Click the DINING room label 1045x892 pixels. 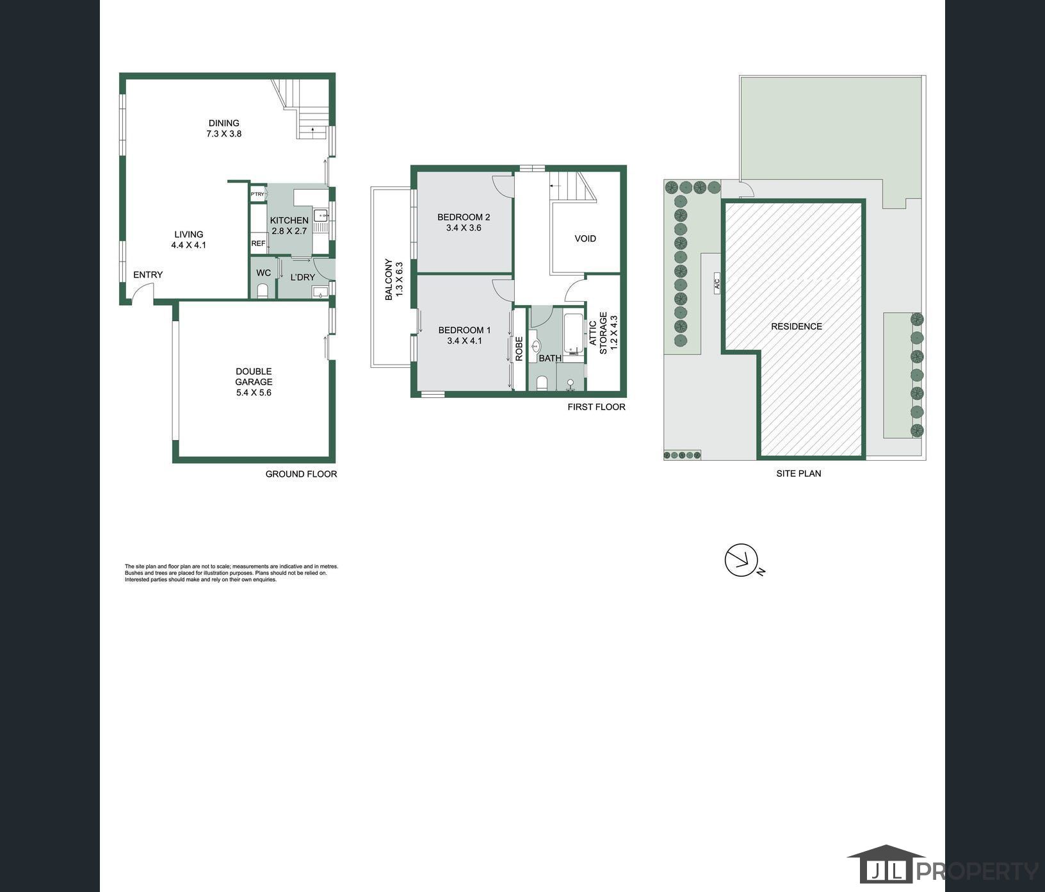coord(224,123)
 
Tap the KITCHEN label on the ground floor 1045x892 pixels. coord(289,220)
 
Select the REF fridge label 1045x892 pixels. coord(258,244)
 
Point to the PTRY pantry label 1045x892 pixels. coord(257,194)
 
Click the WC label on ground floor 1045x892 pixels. coord(264,273)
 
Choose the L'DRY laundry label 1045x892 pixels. coord(303,277)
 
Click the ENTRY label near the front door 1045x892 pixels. coord(148,275)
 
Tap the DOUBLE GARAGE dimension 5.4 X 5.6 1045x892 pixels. coord(254,393)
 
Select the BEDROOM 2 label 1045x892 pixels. coord(464,217)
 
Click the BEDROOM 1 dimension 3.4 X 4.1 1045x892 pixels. coord(464,341)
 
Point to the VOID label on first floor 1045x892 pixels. coord(585,238)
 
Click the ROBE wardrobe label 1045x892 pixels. coord(519,349)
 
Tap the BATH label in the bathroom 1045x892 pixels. coord(550,358)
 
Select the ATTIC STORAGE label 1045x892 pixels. coord(598,333)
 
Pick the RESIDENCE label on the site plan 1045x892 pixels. coord(797,326)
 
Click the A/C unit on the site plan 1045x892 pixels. coord(717,283)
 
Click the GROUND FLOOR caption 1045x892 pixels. coord(301,474)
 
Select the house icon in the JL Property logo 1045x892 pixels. coord(886,864)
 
